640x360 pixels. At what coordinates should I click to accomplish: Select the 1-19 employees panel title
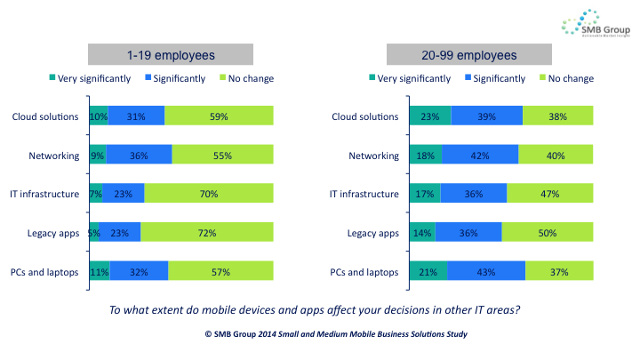(x=171, y=55)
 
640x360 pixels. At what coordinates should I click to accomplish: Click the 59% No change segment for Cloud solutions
(x=220, y=116)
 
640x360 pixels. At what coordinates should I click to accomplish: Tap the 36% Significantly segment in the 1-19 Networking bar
(x=139, y=156)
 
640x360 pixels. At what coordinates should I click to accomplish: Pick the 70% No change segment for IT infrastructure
(x=209, y=195)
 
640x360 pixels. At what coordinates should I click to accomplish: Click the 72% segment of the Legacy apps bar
(x=207, y=233)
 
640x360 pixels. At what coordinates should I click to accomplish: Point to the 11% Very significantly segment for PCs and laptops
(x=99, y=272)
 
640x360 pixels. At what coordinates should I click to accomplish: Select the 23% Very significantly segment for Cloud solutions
(x=429, y=116)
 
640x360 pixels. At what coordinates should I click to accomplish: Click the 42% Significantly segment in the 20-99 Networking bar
(x=480, y=156)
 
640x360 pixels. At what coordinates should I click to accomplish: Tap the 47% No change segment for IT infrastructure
(x=549, y=195)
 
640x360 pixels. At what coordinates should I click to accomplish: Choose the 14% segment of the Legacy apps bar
(x=422, y=233)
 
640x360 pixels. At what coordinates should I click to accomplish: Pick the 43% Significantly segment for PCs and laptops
(x=486, y=272)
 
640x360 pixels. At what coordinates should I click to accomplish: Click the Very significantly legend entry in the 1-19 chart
(x=88, y=78)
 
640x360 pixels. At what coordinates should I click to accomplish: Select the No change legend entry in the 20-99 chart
(x=565, y=78)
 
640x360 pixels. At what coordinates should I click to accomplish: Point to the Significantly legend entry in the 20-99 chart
(x=500, y=78)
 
